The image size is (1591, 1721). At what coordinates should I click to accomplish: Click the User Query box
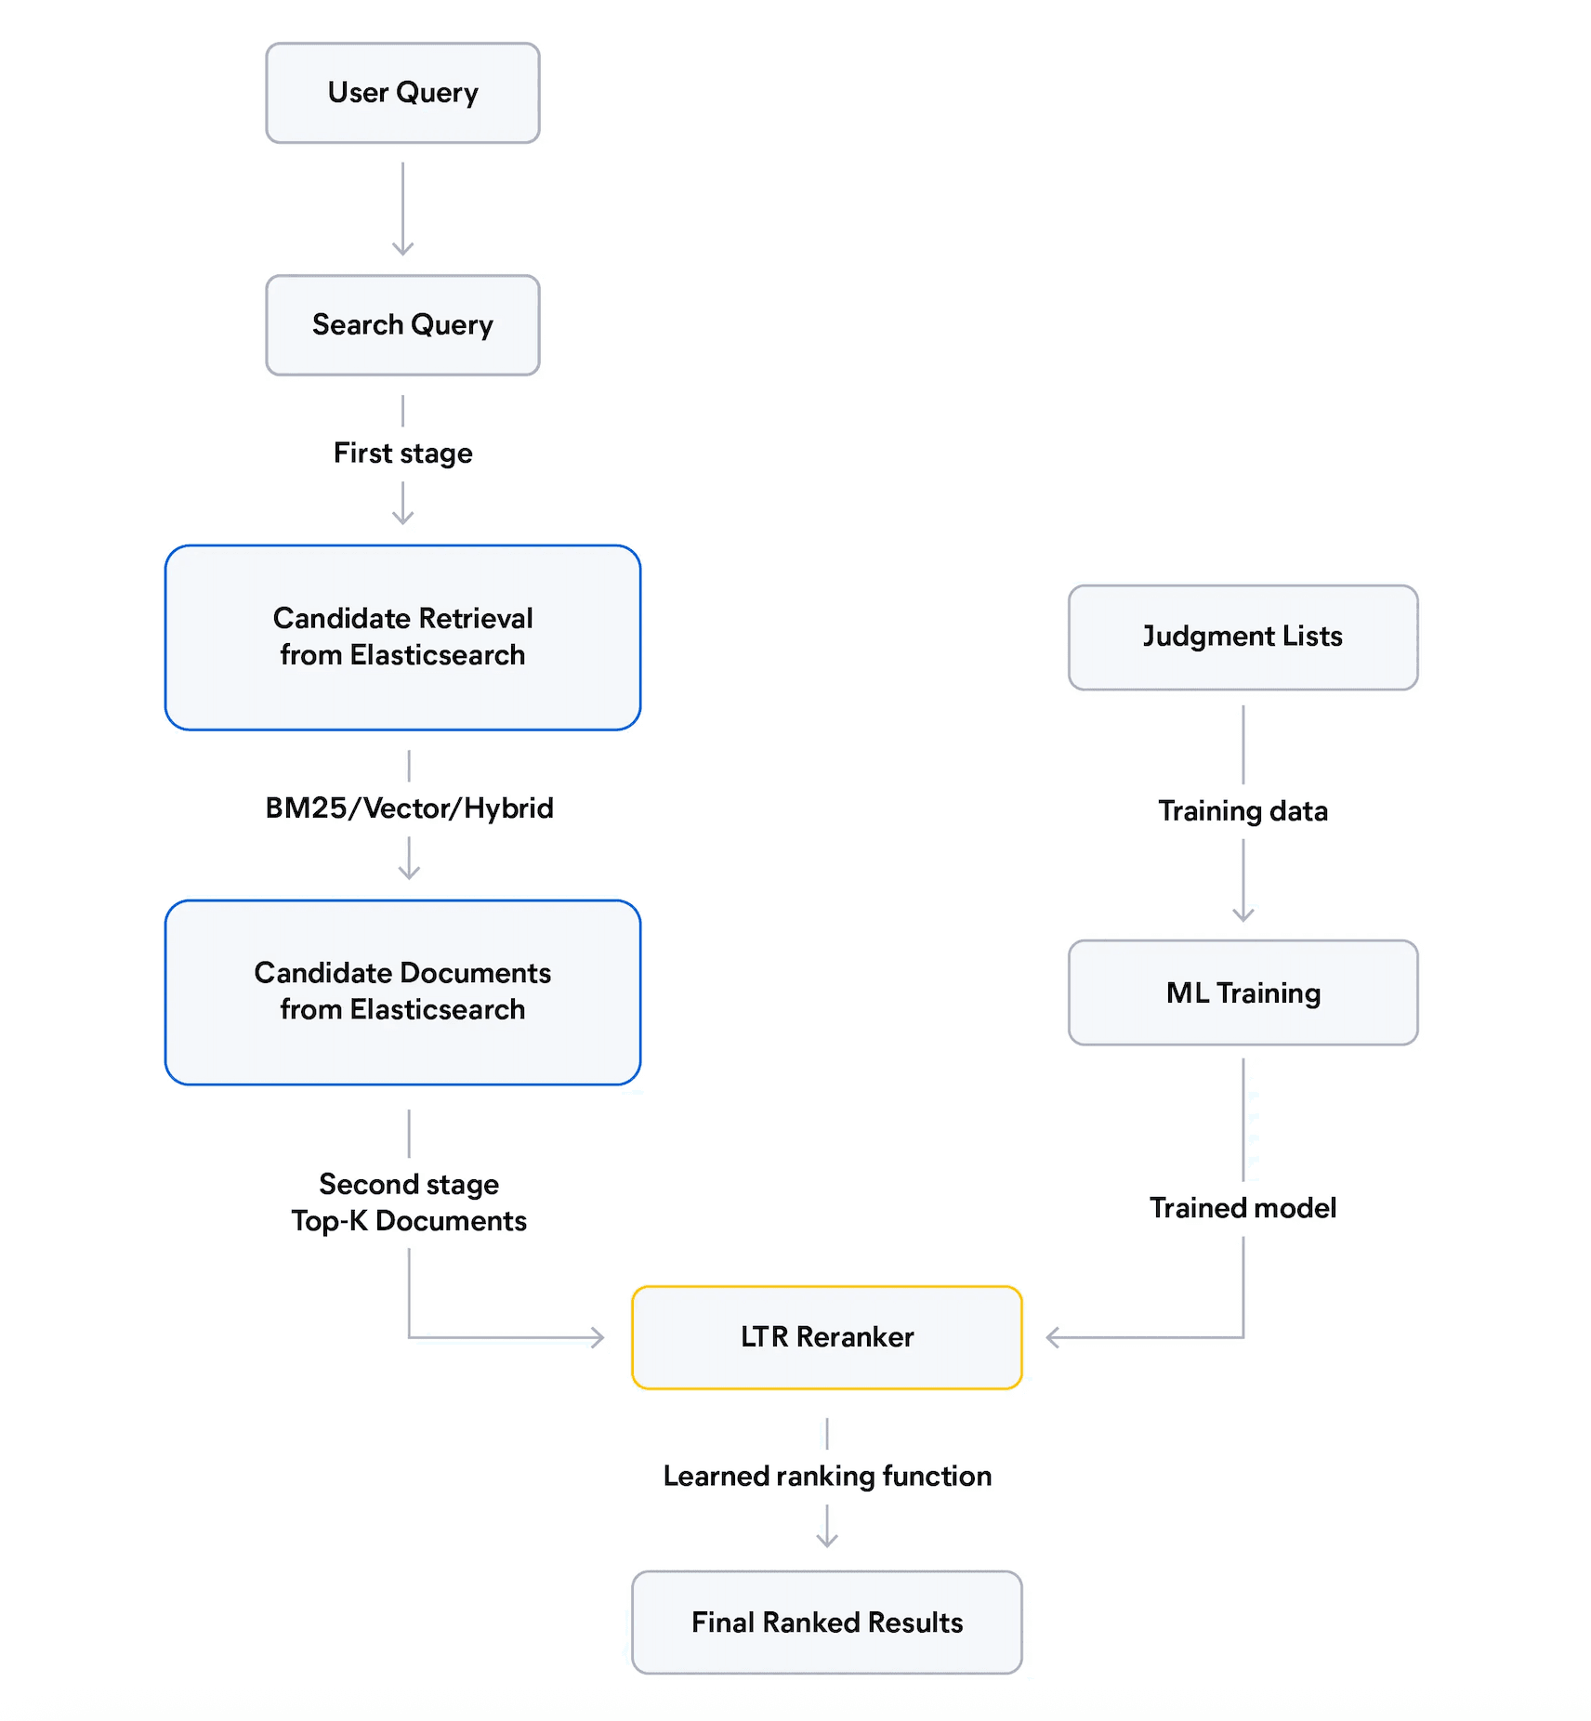coord(402,93)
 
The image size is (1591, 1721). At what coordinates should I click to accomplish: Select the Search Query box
coord(402,325)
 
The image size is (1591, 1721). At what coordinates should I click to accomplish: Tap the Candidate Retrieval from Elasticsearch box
coord(402,637)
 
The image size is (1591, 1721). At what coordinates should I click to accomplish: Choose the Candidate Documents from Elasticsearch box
coord(402,992)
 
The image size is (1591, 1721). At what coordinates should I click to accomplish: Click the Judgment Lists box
coord(1243,637)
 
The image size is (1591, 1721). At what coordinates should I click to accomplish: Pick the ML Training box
coord(1243,992)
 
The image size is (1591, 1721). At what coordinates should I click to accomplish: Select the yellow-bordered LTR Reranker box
coord(826,1337)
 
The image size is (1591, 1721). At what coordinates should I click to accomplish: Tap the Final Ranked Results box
coord(826,1622)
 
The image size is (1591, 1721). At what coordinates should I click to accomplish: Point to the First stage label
coord(402,453)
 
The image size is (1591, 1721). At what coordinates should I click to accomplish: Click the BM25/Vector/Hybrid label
coord(409,808)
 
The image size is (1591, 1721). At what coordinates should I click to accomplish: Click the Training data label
coord(1243,811)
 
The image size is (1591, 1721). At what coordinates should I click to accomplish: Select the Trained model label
coord(1243,1208)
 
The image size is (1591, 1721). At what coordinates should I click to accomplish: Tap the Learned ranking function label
coord(826,1477)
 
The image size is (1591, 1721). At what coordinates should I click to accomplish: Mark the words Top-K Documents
coord(409,1221)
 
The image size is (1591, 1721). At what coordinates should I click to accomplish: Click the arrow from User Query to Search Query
coord(402,209)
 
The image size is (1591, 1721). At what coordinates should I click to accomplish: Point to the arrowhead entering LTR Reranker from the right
coord(1053,1338)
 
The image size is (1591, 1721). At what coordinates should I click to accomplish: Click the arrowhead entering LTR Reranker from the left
coord(598,1338)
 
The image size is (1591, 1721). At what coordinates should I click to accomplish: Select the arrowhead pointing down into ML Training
coord(1243,914)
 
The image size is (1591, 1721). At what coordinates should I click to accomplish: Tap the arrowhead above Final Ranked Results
coord(826,1540)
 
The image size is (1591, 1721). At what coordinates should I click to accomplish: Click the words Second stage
coord(409,1185)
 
